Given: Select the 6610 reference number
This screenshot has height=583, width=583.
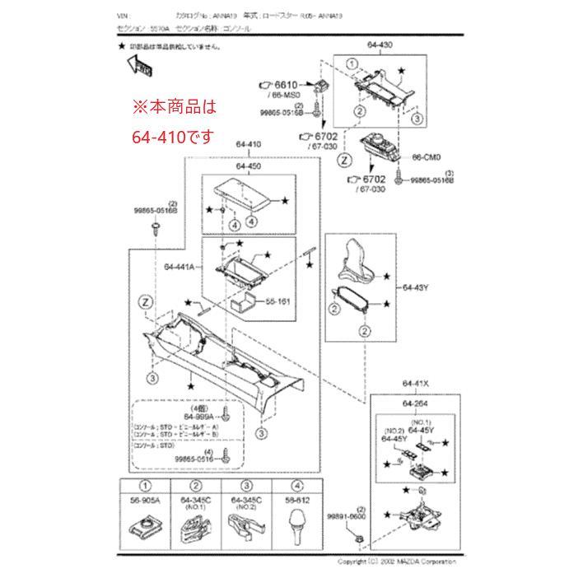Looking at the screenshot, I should pos(286,85).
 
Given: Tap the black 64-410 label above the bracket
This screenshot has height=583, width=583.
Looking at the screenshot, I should pos(248,144).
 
